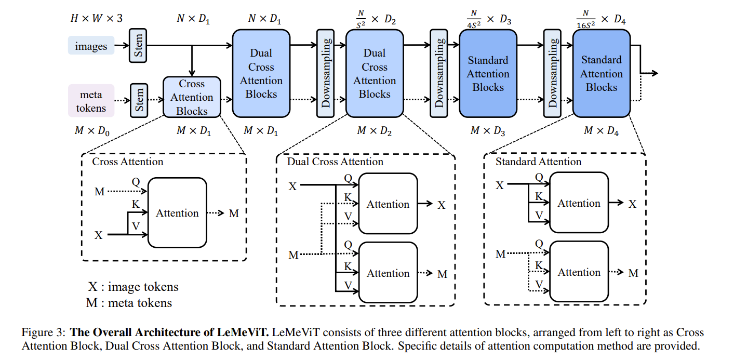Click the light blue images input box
(91, 46)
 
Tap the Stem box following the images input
(139, 46)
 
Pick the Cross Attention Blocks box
(192, 97)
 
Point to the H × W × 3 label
(97, 19)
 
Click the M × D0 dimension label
(92, 131)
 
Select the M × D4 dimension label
(601, 131)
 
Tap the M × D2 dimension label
(374, 131)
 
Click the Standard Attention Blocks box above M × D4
(601, 73)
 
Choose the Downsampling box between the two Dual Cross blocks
(325, 73)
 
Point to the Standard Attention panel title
(538, 162)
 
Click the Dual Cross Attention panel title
(335, 162)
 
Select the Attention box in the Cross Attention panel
(177, 213)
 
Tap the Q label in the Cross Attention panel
(136, 182)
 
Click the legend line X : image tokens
(133, 287)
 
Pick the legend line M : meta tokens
(129, 302)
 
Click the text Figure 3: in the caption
(44, 332)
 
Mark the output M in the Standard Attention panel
(633, 273)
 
